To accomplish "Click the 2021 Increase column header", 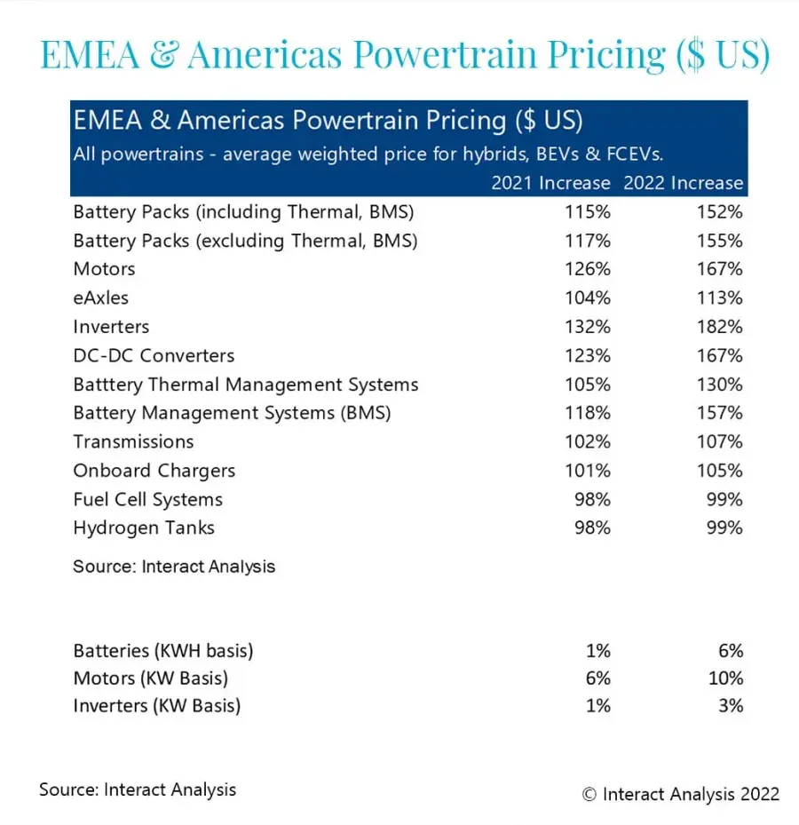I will point(550,183).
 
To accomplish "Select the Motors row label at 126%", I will point(104,269).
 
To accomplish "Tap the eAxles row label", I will point(100,298).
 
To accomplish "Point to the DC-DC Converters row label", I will point(154,355).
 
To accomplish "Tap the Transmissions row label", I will point(133,441).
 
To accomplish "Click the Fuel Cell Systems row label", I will point(147,499).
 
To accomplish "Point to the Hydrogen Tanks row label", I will point(144,528).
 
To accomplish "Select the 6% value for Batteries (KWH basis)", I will point(731,651).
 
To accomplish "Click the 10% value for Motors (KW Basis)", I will point(726,678).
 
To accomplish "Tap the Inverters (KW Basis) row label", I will point(157,707).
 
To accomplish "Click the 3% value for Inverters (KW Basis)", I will point(731,707).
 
